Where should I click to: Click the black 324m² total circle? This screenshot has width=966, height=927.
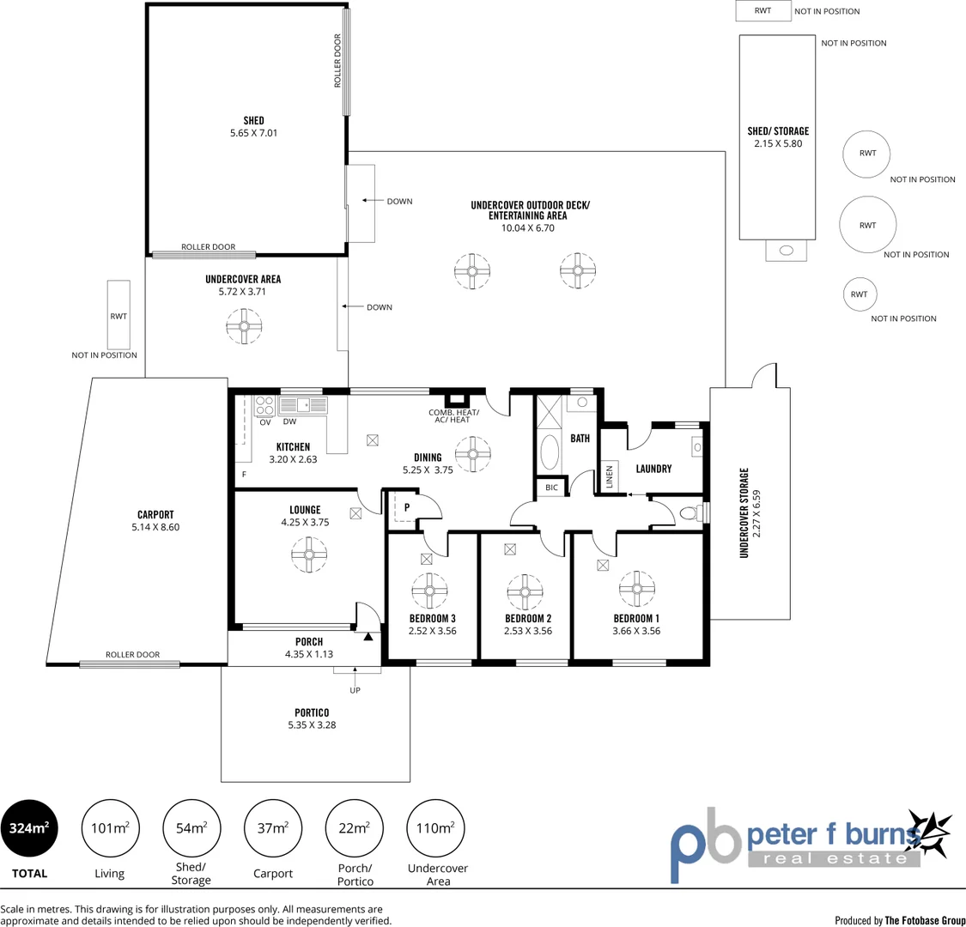(29, 828)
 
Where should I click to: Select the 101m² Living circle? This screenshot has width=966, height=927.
(110, 828)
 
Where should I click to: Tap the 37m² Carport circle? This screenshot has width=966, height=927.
(272, 828)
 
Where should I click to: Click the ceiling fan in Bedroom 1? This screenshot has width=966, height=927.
(637, 588)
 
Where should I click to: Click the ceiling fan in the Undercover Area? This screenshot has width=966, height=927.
(244, 325)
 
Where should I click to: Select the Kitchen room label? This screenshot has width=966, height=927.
(293, 446)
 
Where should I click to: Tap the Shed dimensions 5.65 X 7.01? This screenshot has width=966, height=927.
(253, 133)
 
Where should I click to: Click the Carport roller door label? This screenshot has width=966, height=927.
(132, 655)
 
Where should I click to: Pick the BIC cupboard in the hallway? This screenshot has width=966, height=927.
(551, 488)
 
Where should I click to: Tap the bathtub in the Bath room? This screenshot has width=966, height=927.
(549, 450)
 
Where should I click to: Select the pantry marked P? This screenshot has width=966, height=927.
(405, 506)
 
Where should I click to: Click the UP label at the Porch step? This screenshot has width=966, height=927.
(355, 690)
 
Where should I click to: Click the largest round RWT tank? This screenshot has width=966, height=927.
(867, 225)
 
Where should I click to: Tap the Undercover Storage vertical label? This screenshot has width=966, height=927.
(744, 512)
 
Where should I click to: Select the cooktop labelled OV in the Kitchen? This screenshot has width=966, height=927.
(264, 406)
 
